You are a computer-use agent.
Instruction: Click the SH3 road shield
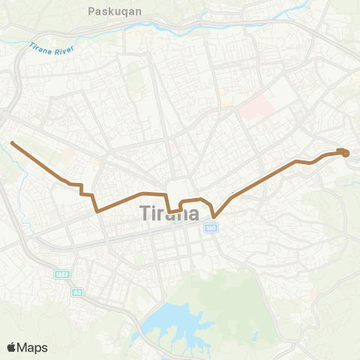[211, 228]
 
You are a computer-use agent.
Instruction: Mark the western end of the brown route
[12, 142]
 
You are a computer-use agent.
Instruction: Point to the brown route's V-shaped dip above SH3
[214, 217]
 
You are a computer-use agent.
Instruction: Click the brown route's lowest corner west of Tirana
[97, 211]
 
